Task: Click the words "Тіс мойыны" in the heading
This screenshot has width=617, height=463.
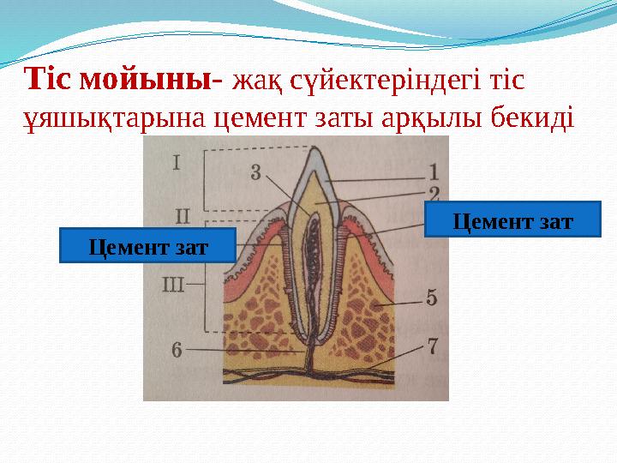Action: coord(120,80)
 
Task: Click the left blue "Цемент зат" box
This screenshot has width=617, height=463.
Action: coord(147,246)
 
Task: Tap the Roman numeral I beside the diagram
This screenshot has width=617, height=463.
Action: coord(176,160)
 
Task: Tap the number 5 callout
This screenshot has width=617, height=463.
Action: coord(431,298)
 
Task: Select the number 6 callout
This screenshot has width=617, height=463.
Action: coord(177,349)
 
